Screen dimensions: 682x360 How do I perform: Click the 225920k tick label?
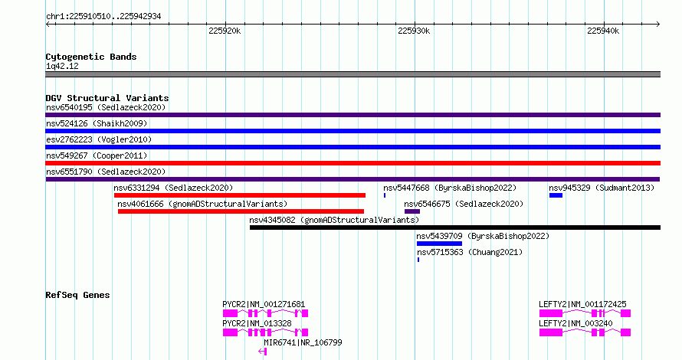click(225, 31)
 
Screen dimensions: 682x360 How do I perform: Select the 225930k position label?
click(414, 31)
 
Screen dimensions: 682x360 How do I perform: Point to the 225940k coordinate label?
click(603, 31)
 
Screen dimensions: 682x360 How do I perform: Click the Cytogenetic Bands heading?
click(91, 57)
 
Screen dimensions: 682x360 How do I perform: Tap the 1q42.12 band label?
click(62, 66)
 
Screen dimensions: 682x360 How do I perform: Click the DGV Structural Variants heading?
click(107, 98)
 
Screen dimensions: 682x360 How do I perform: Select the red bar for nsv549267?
click(352, 163)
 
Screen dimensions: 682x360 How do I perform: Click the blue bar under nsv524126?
click(352, 131)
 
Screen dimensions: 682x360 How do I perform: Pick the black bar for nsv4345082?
click(455, 227)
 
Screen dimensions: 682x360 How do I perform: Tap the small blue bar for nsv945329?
click(556, 195)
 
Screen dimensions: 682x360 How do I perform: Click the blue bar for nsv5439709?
click(439, 244)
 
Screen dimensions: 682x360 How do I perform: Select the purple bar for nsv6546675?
click(412, 211)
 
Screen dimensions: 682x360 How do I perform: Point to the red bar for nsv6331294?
click(240, 195)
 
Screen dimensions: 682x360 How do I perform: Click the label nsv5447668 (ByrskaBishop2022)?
click(450, 188)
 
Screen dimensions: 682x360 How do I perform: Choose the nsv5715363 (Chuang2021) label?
click(470, 252)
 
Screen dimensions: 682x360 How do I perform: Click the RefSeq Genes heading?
click(77, 295)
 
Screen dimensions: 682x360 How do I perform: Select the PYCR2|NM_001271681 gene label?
click(264, 304)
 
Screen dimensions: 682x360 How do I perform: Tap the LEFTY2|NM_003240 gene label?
click(575, 323)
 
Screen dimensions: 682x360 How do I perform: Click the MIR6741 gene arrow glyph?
click(262, 352)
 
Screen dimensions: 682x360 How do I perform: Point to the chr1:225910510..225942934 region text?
click(103, 17)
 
